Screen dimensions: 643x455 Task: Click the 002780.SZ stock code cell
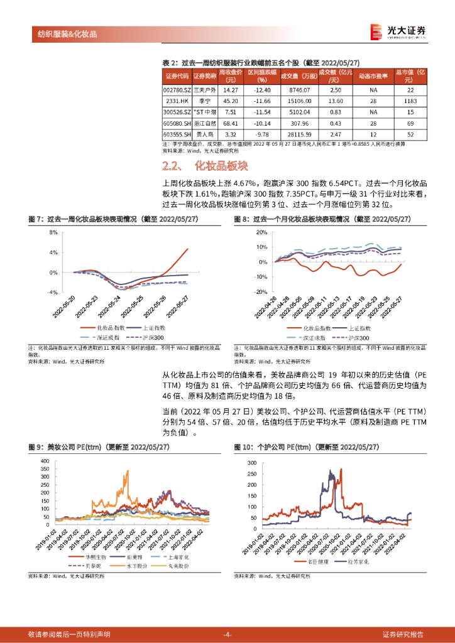[x=175, y=90]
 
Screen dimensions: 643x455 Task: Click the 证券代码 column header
[x=176, y=76]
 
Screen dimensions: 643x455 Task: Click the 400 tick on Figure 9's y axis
[x=44, y=461]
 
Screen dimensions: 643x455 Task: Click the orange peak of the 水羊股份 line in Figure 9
[x=128, y=472]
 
